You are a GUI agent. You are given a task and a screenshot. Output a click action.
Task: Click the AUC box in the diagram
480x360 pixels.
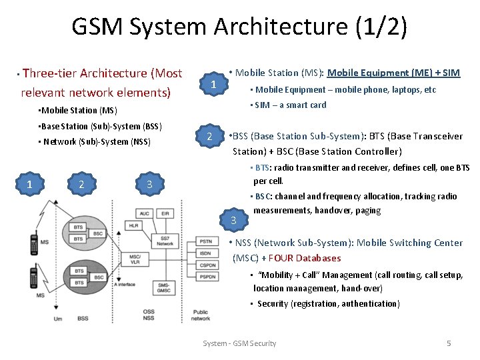click(145, 213)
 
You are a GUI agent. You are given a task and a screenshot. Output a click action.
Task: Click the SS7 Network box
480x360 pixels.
click(164, 241)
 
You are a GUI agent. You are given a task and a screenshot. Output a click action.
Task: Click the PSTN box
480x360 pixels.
click(206, 241)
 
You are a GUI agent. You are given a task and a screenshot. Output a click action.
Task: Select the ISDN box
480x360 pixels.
click(206, 253)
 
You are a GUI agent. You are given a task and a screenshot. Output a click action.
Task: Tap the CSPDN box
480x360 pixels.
click(206, 265)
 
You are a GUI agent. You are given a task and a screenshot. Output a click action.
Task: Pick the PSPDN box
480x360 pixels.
click(206, 276)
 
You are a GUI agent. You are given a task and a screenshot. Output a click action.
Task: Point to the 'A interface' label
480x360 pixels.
click(125, 285)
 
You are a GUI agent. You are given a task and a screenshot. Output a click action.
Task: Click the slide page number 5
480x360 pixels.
click(449, 343)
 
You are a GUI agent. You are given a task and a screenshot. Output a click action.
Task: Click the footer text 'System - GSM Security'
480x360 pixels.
click(239, 343)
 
